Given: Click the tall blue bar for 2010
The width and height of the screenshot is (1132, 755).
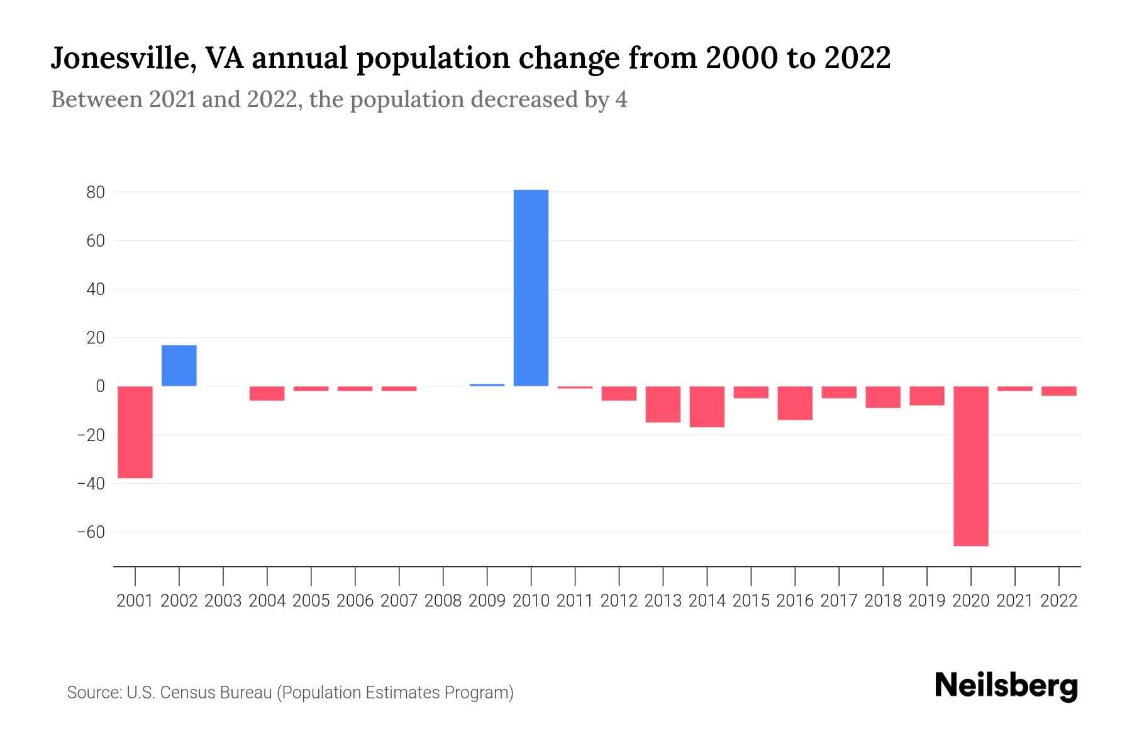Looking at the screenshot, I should [531, 288].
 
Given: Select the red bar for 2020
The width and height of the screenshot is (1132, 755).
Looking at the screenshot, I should [970, 466].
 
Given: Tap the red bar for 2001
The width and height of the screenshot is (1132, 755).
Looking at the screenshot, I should [135, 432].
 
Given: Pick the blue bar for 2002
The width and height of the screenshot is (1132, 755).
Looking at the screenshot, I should [179, 366].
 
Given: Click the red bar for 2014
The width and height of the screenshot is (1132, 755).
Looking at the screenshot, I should [707, 406].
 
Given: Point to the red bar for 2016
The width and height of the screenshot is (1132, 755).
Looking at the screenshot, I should [795, 403].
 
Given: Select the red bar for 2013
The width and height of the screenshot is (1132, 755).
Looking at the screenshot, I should [663, 404].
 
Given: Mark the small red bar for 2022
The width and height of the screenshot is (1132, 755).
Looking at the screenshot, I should [1058, 391].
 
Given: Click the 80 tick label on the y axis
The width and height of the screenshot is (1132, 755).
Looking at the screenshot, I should [96, 193].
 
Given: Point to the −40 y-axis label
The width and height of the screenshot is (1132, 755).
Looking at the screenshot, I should [91, 484].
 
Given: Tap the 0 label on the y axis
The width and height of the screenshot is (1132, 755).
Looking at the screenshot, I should [100, 386].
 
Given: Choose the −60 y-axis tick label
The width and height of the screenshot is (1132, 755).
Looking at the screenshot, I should [91, 532].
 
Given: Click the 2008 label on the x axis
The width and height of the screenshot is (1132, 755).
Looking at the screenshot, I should [443, 601].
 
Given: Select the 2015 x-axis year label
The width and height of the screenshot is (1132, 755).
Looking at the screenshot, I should [751, 601].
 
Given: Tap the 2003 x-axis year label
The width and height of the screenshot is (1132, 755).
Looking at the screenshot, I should [223, 601].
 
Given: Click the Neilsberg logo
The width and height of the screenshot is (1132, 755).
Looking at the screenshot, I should [1006, 686].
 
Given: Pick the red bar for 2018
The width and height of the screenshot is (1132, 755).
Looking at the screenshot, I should [883, 397].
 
